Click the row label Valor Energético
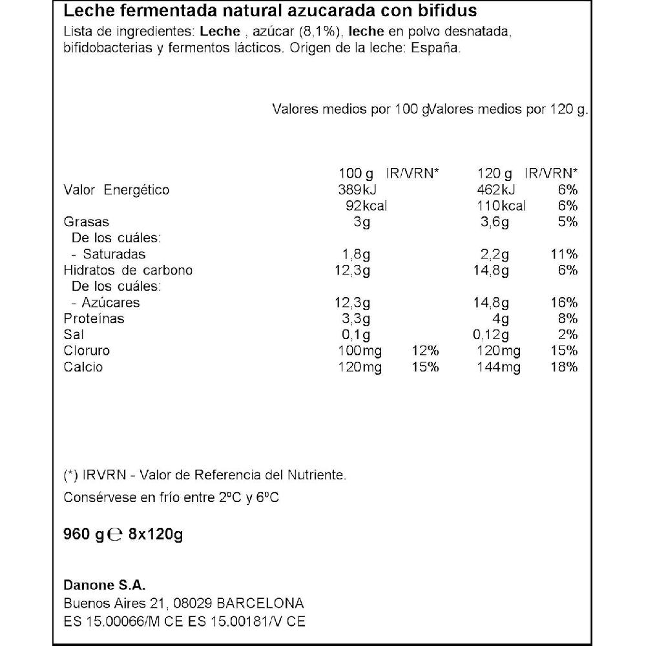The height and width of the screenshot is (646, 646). [x=116, y=190]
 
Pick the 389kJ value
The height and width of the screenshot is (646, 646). [x=357, y=190]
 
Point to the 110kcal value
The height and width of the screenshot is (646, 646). [x=502, y=206]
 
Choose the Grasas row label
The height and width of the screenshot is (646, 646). [x=86, y=222]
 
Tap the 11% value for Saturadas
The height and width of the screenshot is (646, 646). [x=564, y=254]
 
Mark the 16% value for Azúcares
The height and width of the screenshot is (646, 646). [x=564, y=302]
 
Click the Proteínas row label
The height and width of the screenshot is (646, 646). [x=94, y=318]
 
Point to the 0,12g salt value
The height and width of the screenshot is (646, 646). [x=490, y=335]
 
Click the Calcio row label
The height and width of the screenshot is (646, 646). [x=83, y=367]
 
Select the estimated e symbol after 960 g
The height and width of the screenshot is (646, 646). [x=115, y=535]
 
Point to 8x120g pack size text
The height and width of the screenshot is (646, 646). [x=156, y=535]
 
